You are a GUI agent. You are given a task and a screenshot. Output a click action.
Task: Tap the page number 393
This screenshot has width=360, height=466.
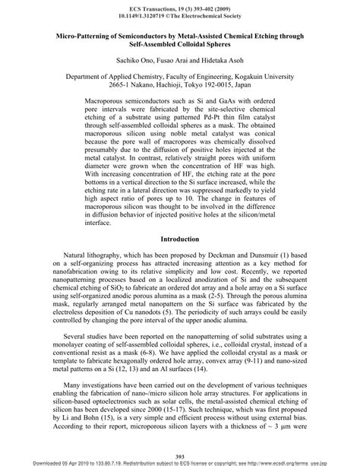(180, 454)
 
